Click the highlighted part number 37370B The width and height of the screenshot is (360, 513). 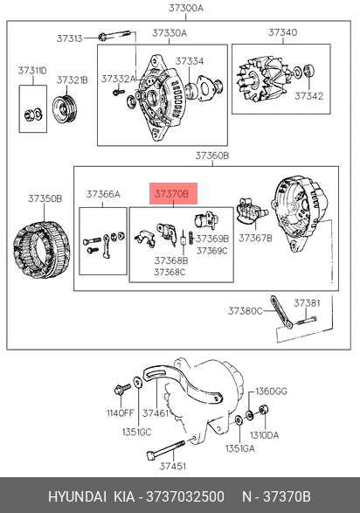171,194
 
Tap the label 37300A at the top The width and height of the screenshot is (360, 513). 186,8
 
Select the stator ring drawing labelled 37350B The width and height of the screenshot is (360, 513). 42,249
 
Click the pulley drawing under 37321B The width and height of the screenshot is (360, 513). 66,109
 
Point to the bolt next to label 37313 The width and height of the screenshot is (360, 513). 114,35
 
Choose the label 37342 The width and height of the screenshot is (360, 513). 309,96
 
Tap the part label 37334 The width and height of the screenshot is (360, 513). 190,61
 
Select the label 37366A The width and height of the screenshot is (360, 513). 103,194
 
